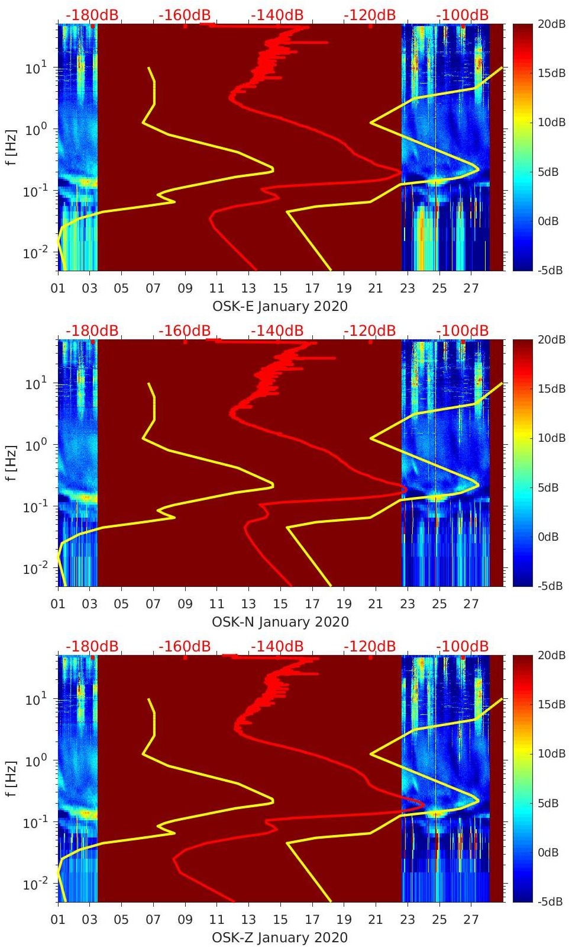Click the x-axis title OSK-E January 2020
[280, 306]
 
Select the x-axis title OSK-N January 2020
[280, 622]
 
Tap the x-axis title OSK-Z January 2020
[280, 938]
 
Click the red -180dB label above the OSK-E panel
[92, 15]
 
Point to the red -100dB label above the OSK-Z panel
[463, 646]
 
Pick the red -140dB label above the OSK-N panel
[277, 330]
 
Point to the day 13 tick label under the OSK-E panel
[248, 288]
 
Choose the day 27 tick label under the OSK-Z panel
[471, 920]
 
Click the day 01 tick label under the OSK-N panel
[58, 604]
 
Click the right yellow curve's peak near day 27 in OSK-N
[479, 484]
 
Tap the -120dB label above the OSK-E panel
[370, 15]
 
